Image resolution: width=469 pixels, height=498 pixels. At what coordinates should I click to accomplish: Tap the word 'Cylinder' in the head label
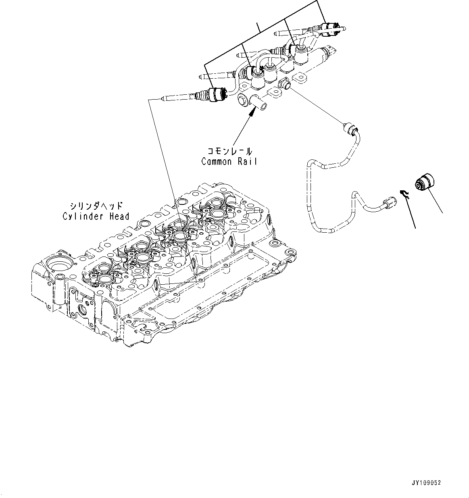(82, 216)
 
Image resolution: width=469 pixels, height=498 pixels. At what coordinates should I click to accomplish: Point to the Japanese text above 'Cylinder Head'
(96, 206)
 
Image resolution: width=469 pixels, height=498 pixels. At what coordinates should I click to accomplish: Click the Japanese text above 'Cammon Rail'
(229, 152)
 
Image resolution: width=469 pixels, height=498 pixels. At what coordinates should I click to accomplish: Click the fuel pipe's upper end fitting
(350, 129)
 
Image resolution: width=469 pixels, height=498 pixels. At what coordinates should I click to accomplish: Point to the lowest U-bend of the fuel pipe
(325, 230)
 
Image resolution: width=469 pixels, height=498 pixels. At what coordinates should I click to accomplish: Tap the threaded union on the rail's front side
(285, 84)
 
